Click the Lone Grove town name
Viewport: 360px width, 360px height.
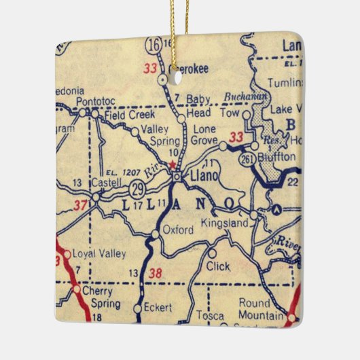click(x=204, y=134)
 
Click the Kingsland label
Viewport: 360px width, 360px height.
click(x=224, y=222)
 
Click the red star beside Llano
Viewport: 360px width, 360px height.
click(x=173, y=164)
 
